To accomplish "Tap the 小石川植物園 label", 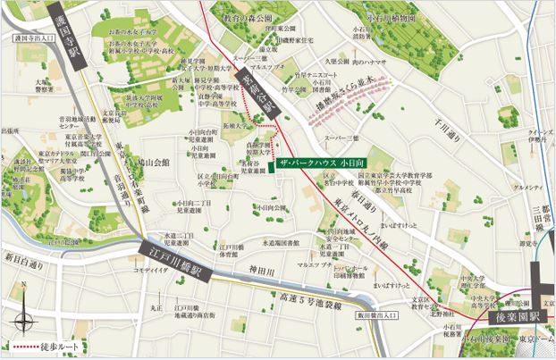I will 395,16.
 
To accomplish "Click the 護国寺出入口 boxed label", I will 37,39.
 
